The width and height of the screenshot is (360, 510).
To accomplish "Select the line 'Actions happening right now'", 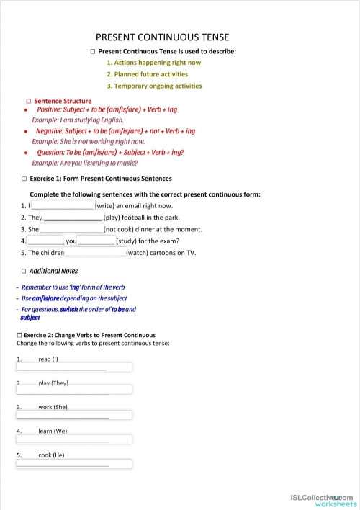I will point(153,63).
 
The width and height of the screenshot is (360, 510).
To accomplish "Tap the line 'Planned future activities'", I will point(147,74).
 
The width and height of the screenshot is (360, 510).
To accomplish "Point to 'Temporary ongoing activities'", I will point(154,86).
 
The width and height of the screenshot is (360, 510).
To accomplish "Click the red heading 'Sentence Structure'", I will point(63,102).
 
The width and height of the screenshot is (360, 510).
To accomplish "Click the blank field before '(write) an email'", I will point(63,206).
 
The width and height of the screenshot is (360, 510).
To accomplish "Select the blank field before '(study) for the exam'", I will point(96,241).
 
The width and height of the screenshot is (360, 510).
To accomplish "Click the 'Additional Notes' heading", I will point(55,271).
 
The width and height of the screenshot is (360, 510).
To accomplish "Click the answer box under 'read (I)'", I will point(74,367).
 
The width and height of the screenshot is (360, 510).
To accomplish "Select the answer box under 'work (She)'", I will point(74,415).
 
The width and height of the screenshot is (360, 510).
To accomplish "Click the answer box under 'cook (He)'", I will point(74,462).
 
